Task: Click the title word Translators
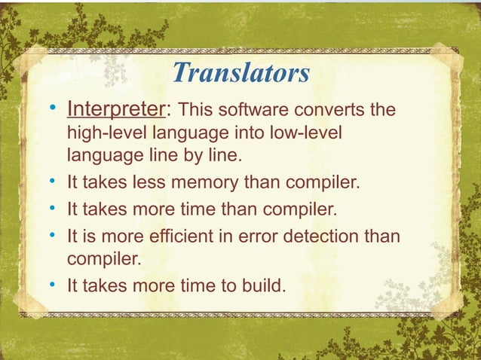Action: click(240, 73)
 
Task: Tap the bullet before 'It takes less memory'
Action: click(53, 183)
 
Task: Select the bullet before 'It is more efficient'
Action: click(53, 237)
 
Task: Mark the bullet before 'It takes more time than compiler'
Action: click(53, 206)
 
